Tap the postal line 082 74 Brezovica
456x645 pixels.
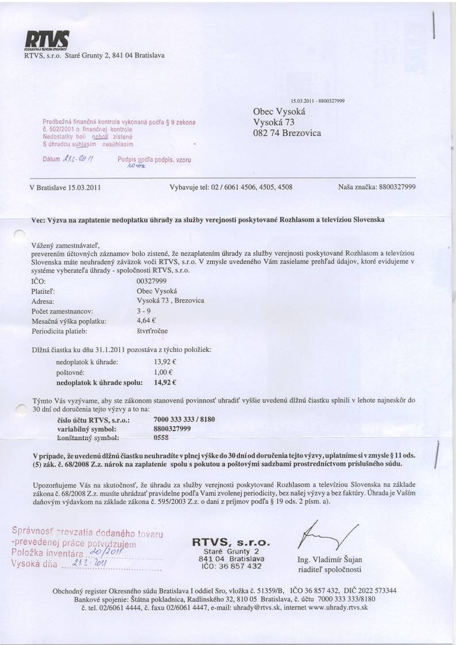[287, 133]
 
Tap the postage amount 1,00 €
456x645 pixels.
[164, 373]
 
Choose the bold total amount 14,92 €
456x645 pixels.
[165, 382]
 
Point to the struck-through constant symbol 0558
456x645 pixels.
[161, 437]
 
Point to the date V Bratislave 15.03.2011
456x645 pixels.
[65, 187]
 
